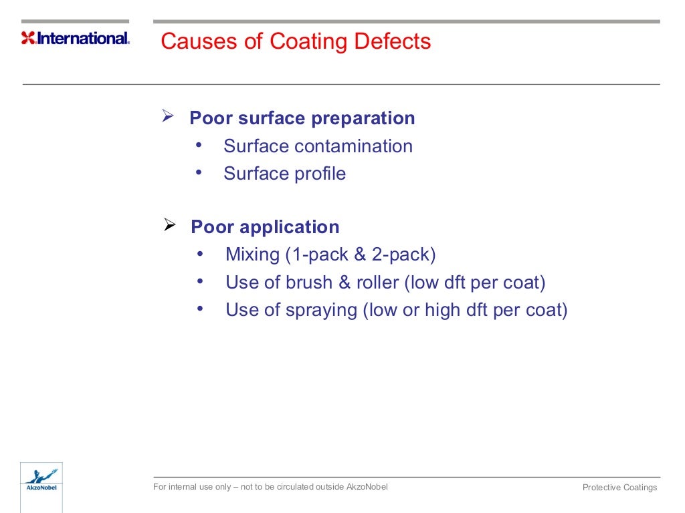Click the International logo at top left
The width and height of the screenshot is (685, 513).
pos(75,38)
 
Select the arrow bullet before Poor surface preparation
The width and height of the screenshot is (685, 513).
pos(169,118)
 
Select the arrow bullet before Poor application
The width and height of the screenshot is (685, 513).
pos(170,226)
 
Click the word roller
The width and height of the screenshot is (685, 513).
pos(377,283)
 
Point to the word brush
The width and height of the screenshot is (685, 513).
pos(309,283)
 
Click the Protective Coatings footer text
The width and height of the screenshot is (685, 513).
pos(619,488)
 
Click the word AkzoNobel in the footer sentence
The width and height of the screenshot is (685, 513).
pos(367,486)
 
